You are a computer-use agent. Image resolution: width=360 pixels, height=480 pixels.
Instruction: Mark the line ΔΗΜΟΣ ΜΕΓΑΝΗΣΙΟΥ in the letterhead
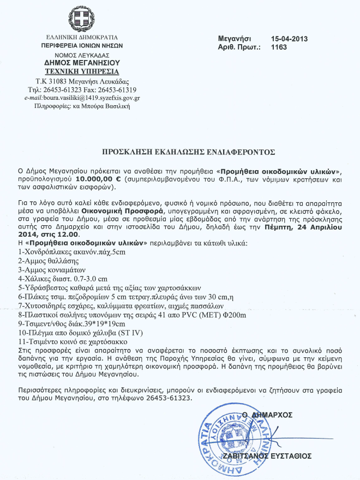tap(82, 63)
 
